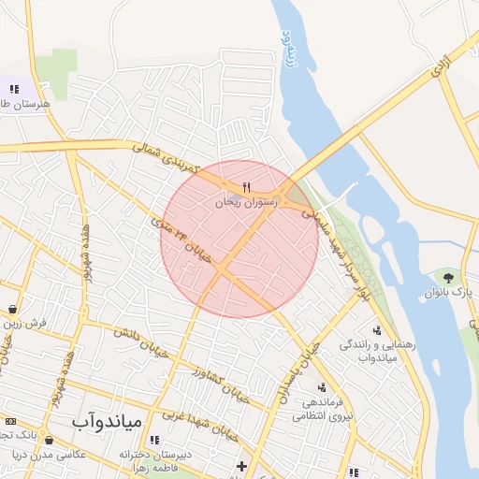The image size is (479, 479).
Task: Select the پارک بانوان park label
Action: (445, 293)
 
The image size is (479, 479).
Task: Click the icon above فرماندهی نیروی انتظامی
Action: (323, 386)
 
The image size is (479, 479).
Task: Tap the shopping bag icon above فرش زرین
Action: (12, 308)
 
